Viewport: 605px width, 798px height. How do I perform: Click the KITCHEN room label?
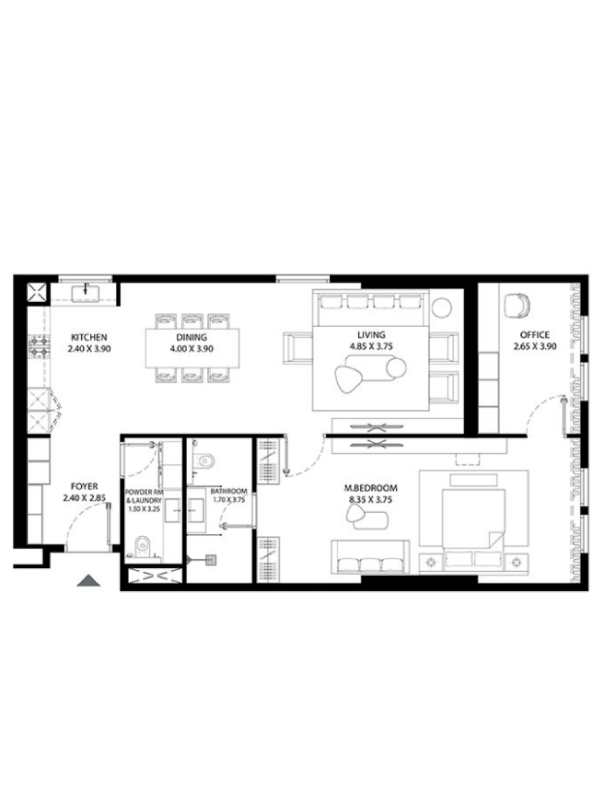tap(89, 337)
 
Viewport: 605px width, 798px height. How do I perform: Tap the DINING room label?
tap(192, 337)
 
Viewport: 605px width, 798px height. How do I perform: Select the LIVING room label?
tap(371, 334)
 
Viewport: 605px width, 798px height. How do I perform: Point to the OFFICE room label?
tap(534, 334)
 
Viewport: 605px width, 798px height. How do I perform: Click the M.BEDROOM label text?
tap(371, 488)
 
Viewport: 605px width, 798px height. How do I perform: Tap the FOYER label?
tap(84, 486)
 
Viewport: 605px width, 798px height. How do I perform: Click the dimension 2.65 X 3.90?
tap(535, 346)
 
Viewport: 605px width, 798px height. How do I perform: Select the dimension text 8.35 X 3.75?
tap(371, 500)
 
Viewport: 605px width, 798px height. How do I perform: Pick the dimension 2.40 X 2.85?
tap(85, 497)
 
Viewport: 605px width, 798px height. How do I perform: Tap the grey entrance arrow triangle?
tap(89, 581)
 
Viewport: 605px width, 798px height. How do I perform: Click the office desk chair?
tap(517, 306)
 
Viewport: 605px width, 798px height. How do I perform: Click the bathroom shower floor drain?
tap(211, 559)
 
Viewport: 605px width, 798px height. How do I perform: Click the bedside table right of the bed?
tap(515, 563)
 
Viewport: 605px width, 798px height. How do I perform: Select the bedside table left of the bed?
tap(431, 563)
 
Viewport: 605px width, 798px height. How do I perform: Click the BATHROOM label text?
tap(228, 491)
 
